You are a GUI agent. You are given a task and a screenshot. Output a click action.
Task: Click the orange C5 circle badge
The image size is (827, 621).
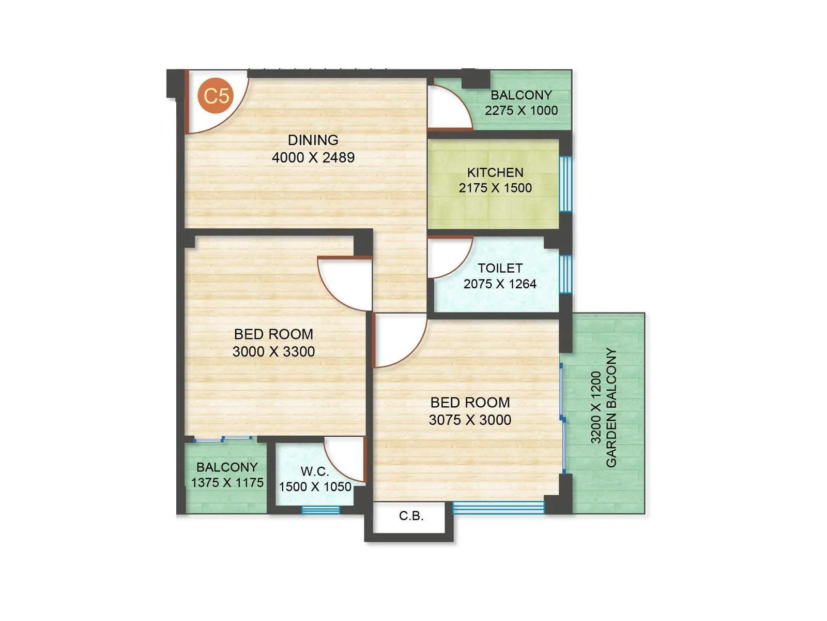[x=216, y=96]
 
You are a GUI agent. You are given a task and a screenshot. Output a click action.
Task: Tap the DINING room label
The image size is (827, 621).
[x=313, y=140]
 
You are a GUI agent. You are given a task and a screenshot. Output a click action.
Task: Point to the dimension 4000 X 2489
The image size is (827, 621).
[x=313, y=157]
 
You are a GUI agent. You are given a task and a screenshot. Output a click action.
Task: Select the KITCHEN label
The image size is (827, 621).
[x=495, y=172]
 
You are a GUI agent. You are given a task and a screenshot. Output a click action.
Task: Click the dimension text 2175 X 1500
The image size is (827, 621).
[x=495, y=188]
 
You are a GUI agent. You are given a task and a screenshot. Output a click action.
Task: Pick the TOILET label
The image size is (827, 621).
[x=500, y=268]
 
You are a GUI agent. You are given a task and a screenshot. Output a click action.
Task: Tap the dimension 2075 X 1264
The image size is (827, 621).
[x=500, y=284]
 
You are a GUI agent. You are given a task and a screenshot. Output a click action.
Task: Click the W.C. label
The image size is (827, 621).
[x=315, y=471]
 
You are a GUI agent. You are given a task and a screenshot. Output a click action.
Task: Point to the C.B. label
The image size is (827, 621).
[x=411, y=516]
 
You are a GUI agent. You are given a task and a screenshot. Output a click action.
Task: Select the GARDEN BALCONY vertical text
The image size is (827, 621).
[x=611, y=408]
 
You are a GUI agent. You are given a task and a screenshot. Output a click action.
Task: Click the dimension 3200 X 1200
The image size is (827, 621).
[x=596, y=408]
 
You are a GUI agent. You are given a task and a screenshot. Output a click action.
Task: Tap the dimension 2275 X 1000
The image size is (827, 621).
[x=521, y=110]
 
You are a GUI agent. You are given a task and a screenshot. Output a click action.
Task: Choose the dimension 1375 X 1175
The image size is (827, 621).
[x=227, y=482]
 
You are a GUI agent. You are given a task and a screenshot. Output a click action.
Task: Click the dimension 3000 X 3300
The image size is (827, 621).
[x=273, y=352]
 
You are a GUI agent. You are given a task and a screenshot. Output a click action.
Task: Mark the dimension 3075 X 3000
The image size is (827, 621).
[x=470, y=420]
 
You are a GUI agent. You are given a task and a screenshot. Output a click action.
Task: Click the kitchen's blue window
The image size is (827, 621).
[x=565, y=184]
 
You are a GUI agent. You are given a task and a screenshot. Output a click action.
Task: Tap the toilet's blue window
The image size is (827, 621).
[x=565, y=274]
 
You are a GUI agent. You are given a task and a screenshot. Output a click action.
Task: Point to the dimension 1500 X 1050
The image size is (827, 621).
[x=315, y=487]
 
